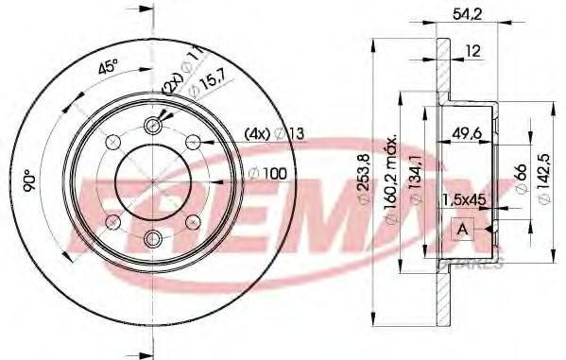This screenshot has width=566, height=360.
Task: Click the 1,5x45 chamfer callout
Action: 466,198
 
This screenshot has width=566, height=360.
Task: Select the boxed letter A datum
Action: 463,229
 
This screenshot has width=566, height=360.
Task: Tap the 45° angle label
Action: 107,69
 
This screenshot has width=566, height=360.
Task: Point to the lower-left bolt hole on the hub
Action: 111,221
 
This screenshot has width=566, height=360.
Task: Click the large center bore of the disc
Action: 151,181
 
